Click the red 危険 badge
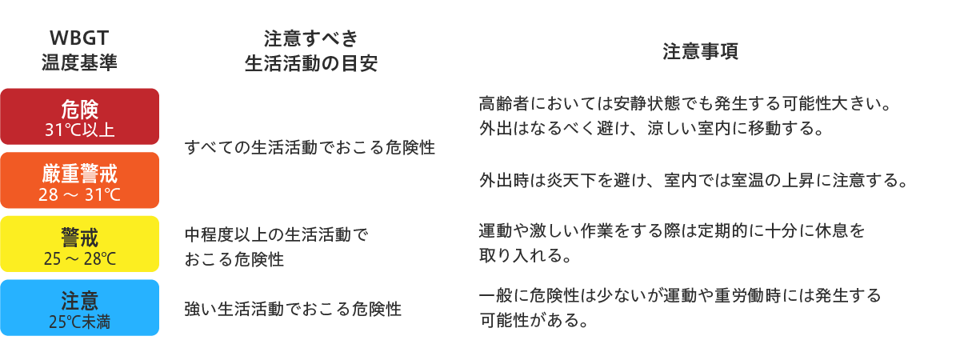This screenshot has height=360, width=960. coord(80,117)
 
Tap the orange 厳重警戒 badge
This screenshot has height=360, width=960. coord(80,181)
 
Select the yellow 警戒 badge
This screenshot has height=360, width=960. coord(80,244)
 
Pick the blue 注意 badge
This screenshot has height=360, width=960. coord(80,308)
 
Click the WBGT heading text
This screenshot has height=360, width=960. coord(79,38)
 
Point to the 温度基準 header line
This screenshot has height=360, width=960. coord(79,62)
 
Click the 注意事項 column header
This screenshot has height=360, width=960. coord(700,51)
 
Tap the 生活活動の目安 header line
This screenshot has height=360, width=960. coord(311,64)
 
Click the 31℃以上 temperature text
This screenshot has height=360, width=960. coord(80,130)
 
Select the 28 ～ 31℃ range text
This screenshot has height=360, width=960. coord(80,194)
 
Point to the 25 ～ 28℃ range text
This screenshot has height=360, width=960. coord(80,258)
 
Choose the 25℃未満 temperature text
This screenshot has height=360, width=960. coord(80,322)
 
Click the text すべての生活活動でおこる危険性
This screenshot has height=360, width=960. coord(310,147)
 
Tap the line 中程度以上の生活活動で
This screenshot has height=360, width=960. coord(277,234)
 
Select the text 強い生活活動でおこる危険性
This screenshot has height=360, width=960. coord(293,309)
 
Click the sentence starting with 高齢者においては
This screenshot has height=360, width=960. coord(686,103)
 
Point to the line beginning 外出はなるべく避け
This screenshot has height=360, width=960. coord(652,128)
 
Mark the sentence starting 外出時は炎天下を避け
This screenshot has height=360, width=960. coord(694,180)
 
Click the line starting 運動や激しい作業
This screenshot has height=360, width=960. coord(672,230)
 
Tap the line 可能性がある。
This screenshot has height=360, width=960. coord(534,320)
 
